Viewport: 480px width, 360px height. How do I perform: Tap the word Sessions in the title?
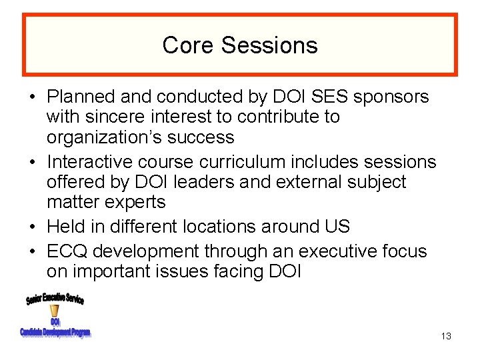click(x=269, y=45)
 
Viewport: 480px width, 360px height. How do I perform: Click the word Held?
click(x=67, y=227)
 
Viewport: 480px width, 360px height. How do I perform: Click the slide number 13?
click(x=446, y=336)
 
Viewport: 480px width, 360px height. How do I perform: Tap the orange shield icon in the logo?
click(x=55, y=311)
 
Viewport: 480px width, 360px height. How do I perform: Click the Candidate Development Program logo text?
click(x=55, y=332)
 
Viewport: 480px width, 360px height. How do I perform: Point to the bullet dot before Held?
click(x=33, y=227)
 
